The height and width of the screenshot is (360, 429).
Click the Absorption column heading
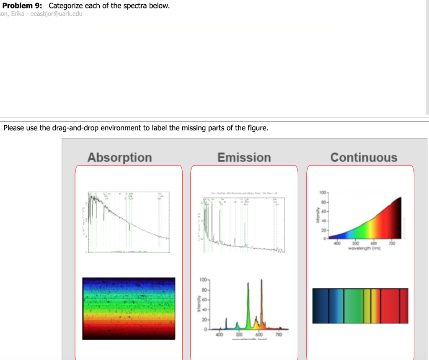tap(119, 158)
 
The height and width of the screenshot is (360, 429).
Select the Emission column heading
tap(244, 158)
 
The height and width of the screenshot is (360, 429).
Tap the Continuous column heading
tap(363, 158)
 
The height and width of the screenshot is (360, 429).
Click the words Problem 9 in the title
tap(22, 6)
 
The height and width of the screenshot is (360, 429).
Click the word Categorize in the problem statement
tap(67, 6)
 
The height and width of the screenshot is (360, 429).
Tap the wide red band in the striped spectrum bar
tap(390, 306)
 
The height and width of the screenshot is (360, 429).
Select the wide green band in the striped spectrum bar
tap(354, 306)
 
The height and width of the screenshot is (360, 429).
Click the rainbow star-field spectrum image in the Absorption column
tap(129, 308)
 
